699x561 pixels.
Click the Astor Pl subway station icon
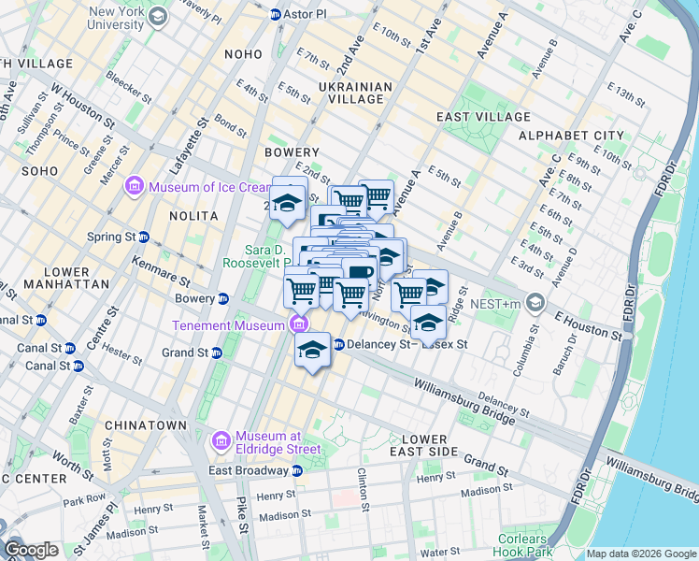pos(275,15)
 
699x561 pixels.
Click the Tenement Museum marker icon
pos(299,325)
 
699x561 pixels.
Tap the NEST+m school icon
pos(535,302)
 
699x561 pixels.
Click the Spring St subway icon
pos(144,237)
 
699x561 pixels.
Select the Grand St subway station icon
pos(217,352)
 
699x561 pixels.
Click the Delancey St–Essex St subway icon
pos(338,344)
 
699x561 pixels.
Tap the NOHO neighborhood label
pos(244,54)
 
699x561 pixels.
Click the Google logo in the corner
pos(31,550)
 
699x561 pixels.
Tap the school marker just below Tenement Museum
pos(313,351)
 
